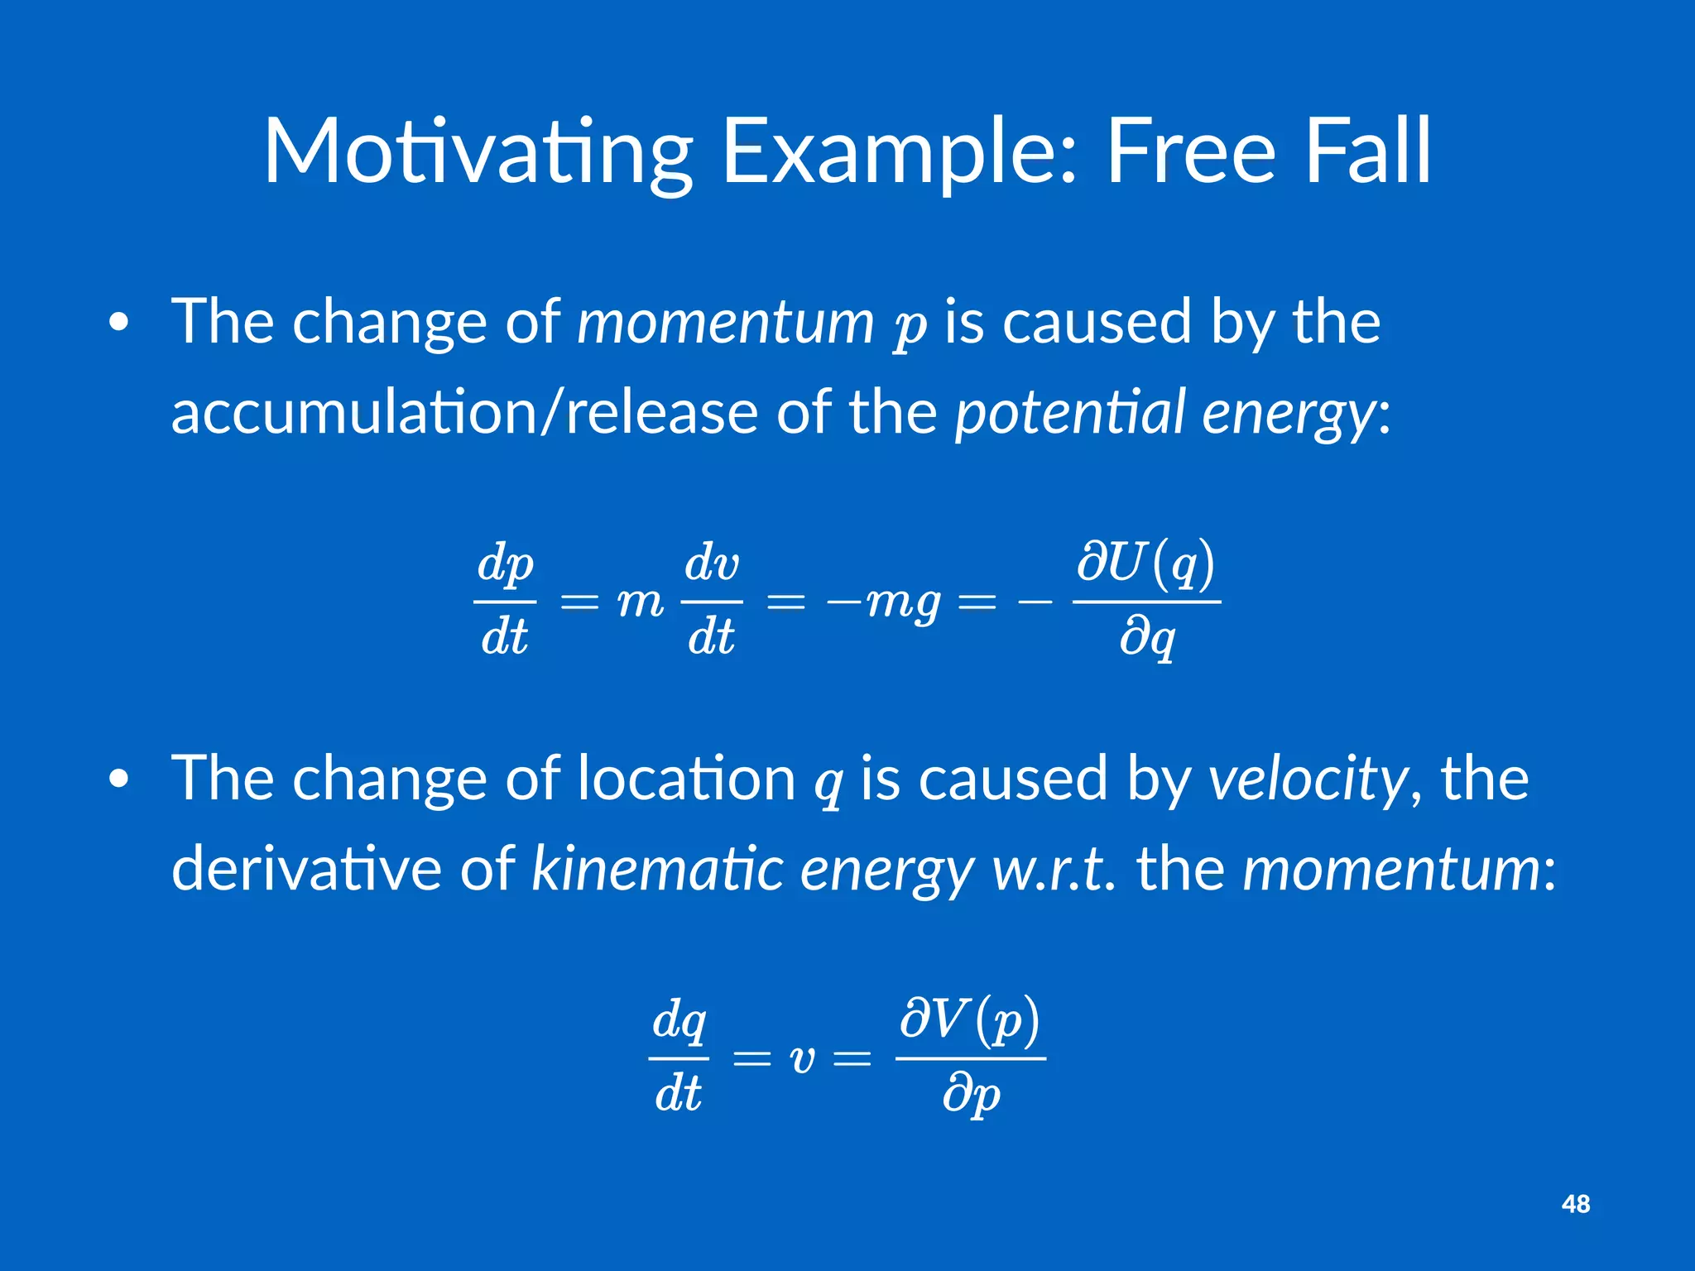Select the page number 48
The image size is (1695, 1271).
[1576, 1204]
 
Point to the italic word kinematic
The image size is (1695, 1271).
[657, 870]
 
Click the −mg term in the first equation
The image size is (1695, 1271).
[883, 602]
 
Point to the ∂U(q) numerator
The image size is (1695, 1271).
[1146, 564]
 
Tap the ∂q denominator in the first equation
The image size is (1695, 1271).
[1147, 639]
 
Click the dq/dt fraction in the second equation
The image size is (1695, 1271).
[679, 1058]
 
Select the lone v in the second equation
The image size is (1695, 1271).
[801, 1059]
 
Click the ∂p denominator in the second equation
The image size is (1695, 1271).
[972, 1096]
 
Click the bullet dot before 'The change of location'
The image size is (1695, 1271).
[119, 779]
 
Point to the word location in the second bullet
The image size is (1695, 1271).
[686, 779]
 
